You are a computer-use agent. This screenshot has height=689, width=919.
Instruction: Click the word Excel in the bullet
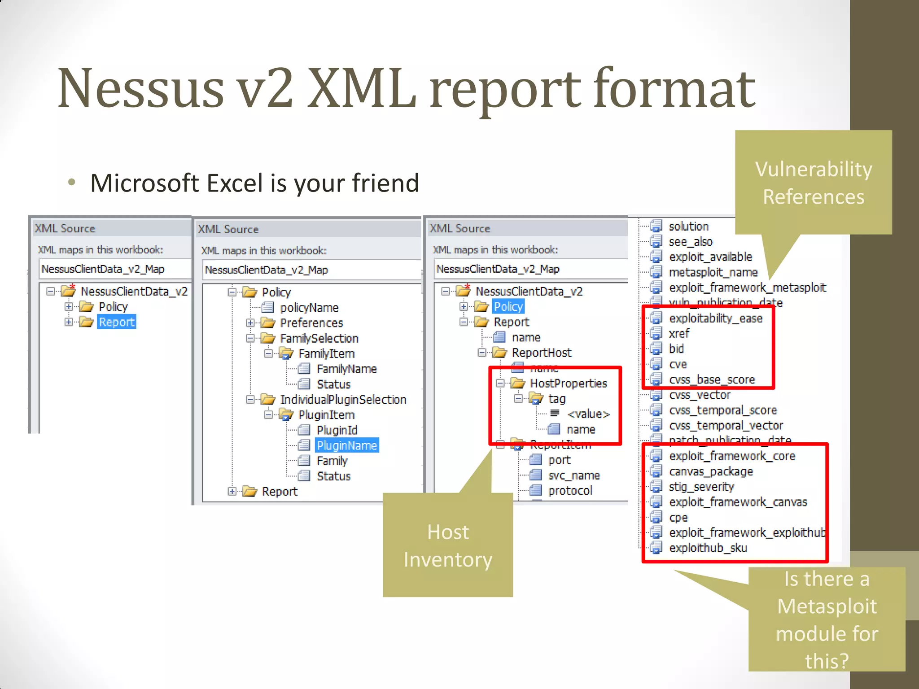coord(235,183)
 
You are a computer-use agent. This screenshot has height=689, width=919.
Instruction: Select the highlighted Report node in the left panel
coord(116,322)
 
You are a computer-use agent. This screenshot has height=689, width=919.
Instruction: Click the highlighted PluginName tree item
coord(346,445)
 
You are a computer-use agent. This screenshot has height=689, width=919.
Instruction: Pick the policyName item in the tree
coord(309,308)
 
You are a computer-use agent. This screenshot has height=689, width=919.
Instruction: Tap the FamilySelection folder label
coord(319,338)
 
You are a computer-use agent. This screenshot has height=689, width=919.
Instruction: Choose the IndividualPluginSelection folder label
coord(343,400)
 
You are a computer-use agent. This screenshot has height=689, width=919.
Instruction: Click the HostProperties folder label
coord(568,384)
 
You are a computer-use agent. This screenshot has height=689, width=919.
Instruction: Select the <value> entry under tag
coord(588,414)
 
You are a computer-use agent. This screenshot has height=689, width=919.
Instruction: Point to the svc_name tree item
coord(573,475)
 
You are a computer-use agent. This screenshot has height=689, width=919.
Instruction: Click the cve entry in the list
coord(678,364)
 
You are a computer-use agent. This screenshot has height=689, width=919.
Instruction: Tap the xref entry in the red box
coord(679,334)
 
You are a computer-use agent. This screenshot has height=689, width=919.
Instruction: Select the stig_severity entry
coord(701,487)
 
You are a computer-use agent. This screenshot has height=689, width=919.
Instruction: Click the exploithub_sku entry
coord(708,548)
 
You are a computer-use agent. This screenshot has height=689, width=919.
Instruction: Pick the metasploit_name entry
coord(713,272)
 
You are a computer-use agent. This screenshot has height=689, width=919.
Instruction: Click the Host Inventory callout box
coord(448,545)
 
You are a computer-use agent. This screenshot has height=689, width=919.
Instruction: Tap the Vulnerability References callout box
coord(813,183)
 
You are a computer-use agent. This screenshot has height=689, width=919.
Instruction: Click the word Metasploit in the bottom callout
coord(827,606)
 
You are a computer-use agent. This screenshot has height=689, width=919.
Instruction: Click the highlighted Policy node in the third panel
coord(508,307)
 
